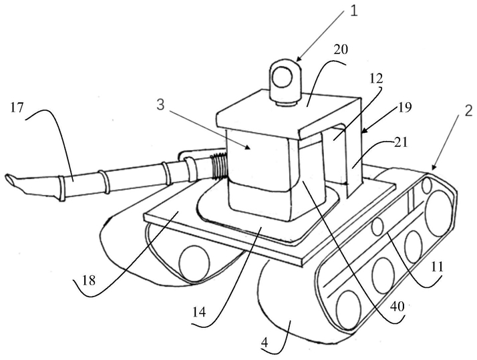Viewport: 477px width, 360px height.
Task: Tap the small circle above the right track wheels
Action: click(x=377, y=226)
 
